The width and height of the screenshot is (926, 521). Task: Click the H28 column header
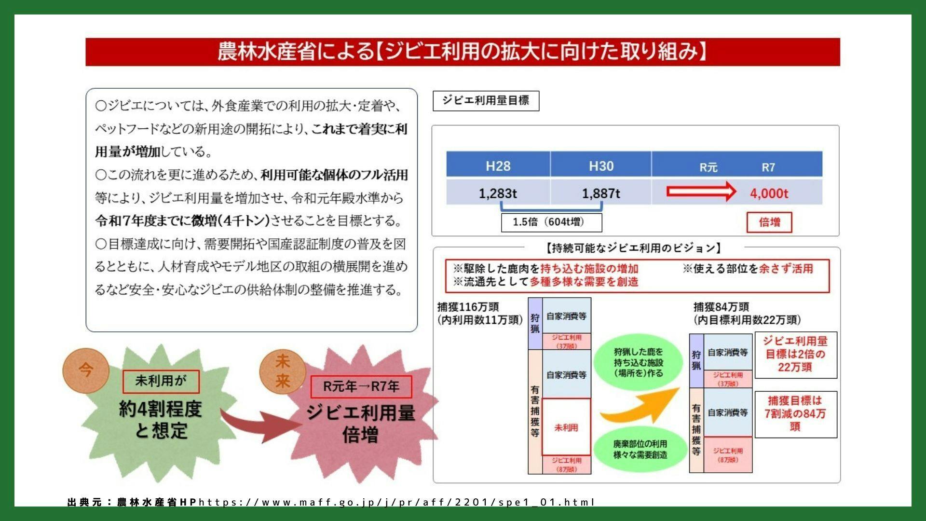[x=498, y=166]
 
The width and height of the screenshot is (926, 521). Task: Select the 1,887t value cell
[x=600, y=193]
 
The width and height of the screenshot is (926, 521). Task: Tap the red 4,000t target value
[x=769, y=193]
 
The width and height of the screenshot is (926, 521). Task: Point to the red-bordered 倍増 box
[x=769, y=222]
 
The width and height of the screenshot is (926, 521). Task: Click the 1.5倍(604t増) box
[x=551, y=222]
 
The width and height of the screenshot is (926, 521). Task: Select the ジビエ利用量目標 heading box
[x=486, y=101]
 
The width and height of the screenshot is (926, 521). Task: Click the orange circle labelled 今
[x=86, y=370]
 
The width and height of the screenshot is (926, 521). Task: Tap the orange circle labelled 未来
[x=282, y=371]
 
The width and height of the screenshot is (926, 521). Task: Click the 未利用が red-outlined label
[x=161, y=381]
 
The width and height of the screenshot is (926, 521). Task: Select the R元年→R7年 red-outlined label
[x=361, y=386]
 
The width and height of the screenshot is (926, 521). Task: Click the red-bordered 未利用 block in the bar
[x=566, y=427]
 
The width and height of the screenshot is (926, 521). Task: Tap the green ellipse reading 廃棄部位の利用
[x=640, y=449]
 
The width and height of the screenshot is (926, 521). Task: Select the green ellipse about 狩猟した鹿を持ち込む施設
[x=639, y=362]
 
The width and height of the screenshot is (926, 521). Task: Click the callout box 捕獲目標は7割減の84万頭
[x=795, y=414]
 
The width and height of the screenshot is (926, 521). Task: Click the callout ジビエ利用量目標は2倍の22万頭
[x=795, y=355]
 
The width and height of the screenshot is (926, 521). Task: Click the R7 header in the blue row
[x=768, y=167]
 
